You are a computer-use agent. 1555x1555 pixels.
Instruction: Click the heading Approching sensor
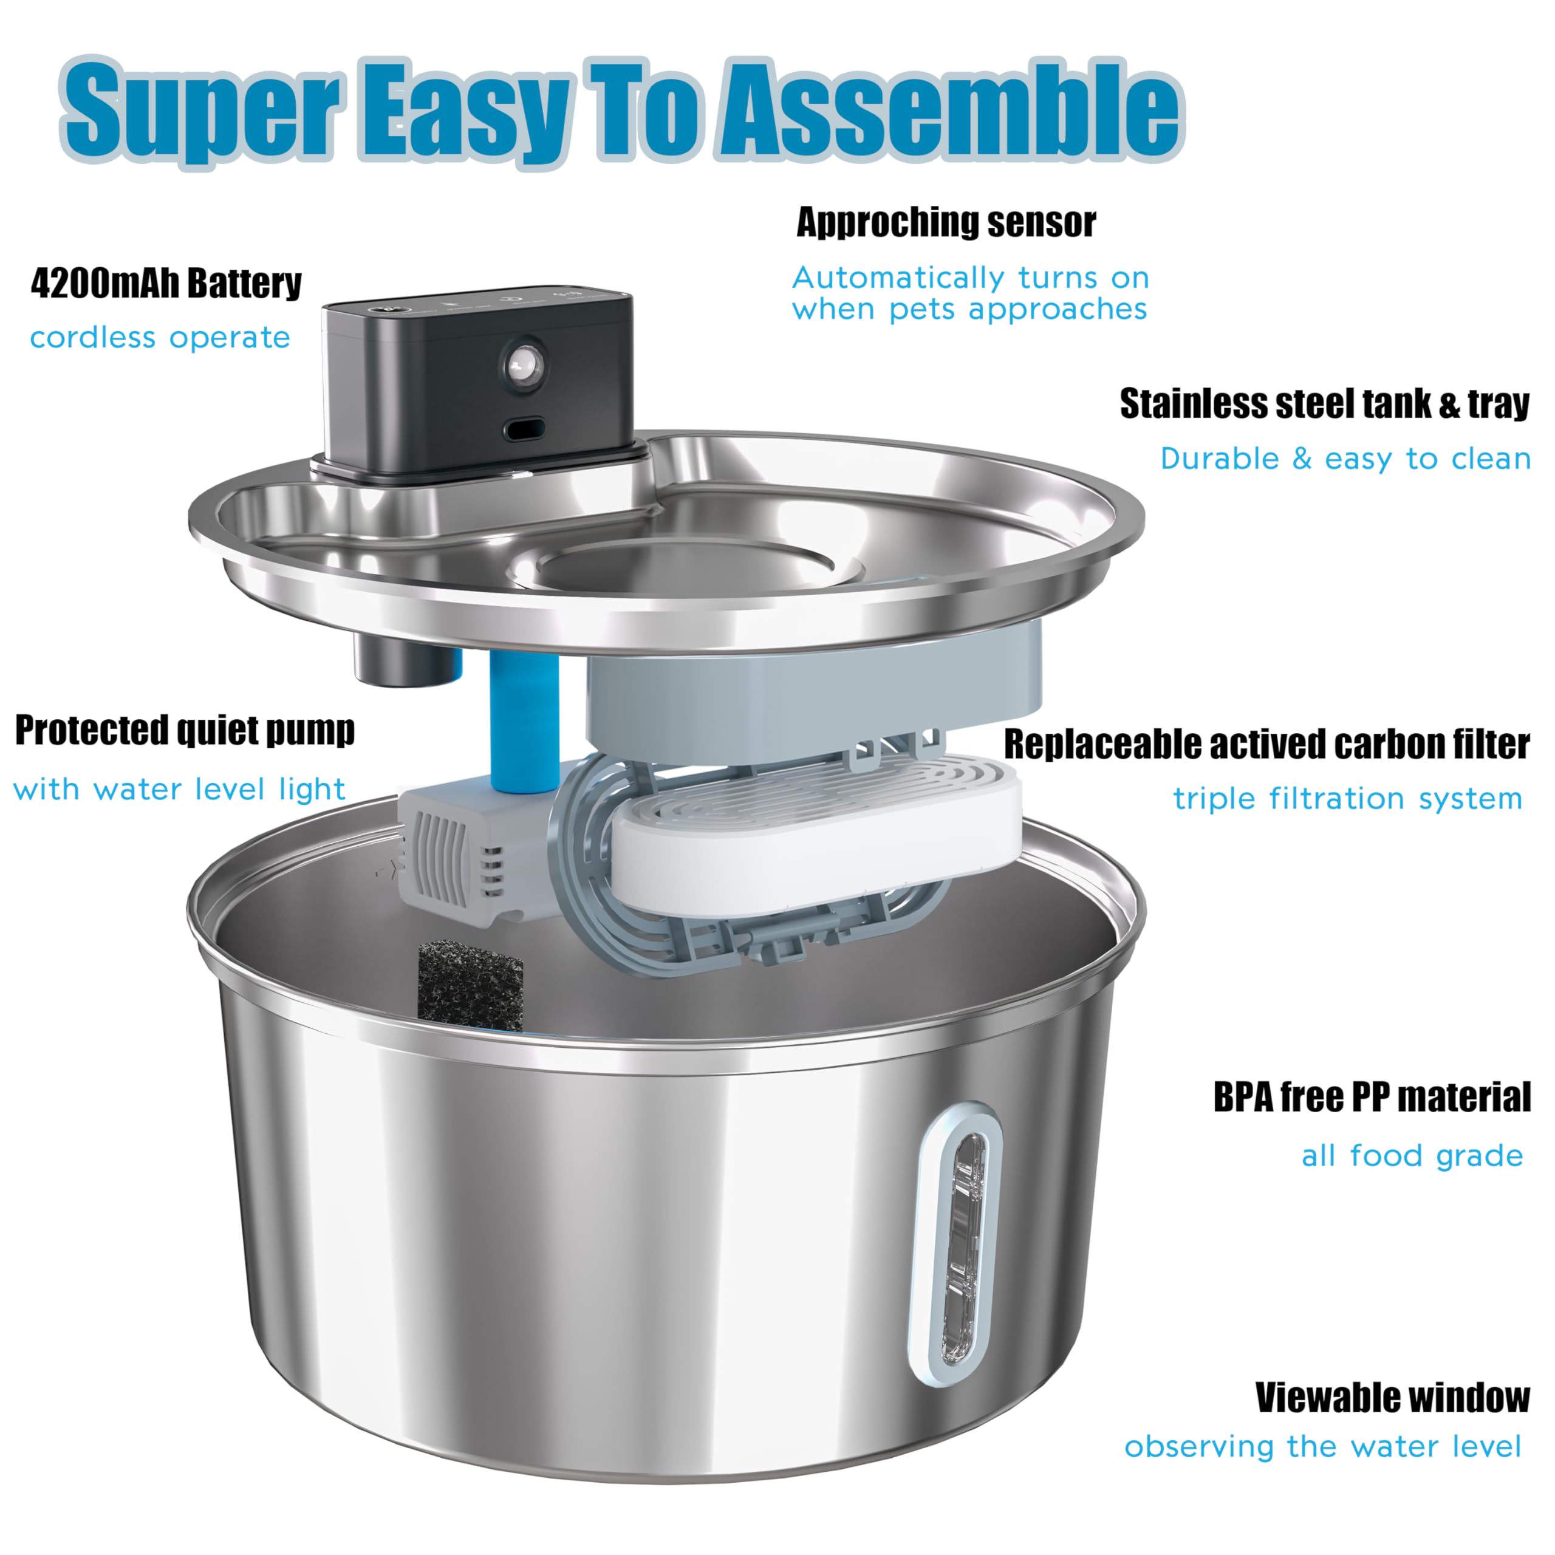coord(946,222)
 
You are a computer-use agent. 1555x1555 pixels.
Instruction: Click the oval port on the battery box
coord(525,428)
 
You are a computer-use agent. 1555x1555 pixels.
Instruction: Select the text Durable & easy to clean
coord(1344,459)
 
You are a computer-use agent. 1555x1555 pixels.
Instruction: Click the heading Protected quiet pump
coord(184,731)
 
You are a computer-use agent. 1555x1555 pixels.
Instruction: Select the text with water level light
coord(179,790)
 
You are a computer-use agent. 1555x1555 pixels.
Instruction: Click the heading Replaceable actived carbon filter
coord(1265,745)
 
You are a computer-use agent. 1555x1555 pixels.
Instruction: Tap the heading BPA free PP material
coord(1371,1098)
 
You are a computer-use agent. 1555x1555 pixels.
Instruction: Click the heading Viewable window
coord(1392,1398)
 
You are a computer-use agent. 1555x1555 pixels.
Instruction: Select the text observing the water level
coord(1322,1446)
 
